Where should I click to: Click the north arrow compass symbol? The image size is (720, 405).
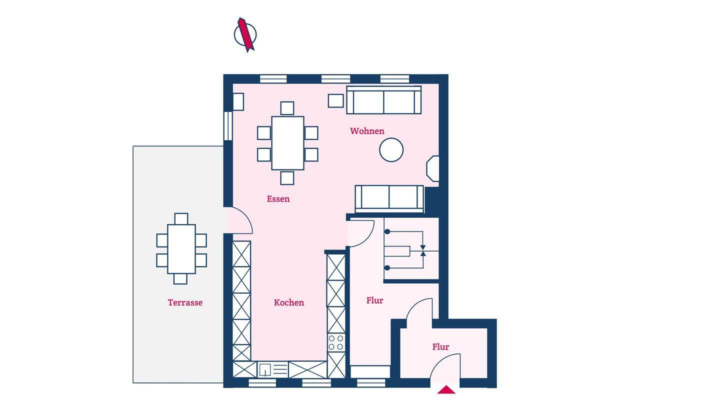245,34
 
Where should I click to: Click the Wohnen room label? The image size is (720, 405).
367,131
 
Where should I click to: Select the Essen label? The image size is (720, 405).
278,199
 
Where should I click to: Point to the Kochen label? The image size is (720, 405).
289,302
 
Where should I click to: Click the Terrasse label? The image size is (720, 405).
185,302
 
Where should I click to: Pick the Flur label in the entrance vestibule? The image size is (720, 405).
440,347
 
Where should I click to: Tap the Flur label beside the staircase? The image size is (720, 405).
375,300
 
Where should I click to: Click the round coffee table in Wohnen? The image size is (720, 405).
391,150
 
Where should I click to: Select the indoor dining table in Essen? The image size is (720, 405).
287,143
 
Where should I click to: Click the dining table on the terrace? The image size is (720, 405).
181,249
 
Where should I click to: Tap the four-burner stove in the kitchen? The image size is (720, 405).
336,342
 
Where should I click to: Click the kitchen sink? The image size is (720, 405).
273,369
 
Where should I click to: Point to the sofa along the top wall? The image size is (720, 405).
384,99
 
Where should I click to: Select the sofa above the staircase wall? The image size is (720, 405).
389,199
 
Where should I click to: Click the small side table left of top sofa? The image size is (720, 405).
336,100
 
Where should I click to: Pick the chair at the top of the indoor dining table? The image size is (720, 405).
287,108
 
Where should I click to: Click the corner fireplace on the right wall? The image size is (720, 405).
432,169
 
